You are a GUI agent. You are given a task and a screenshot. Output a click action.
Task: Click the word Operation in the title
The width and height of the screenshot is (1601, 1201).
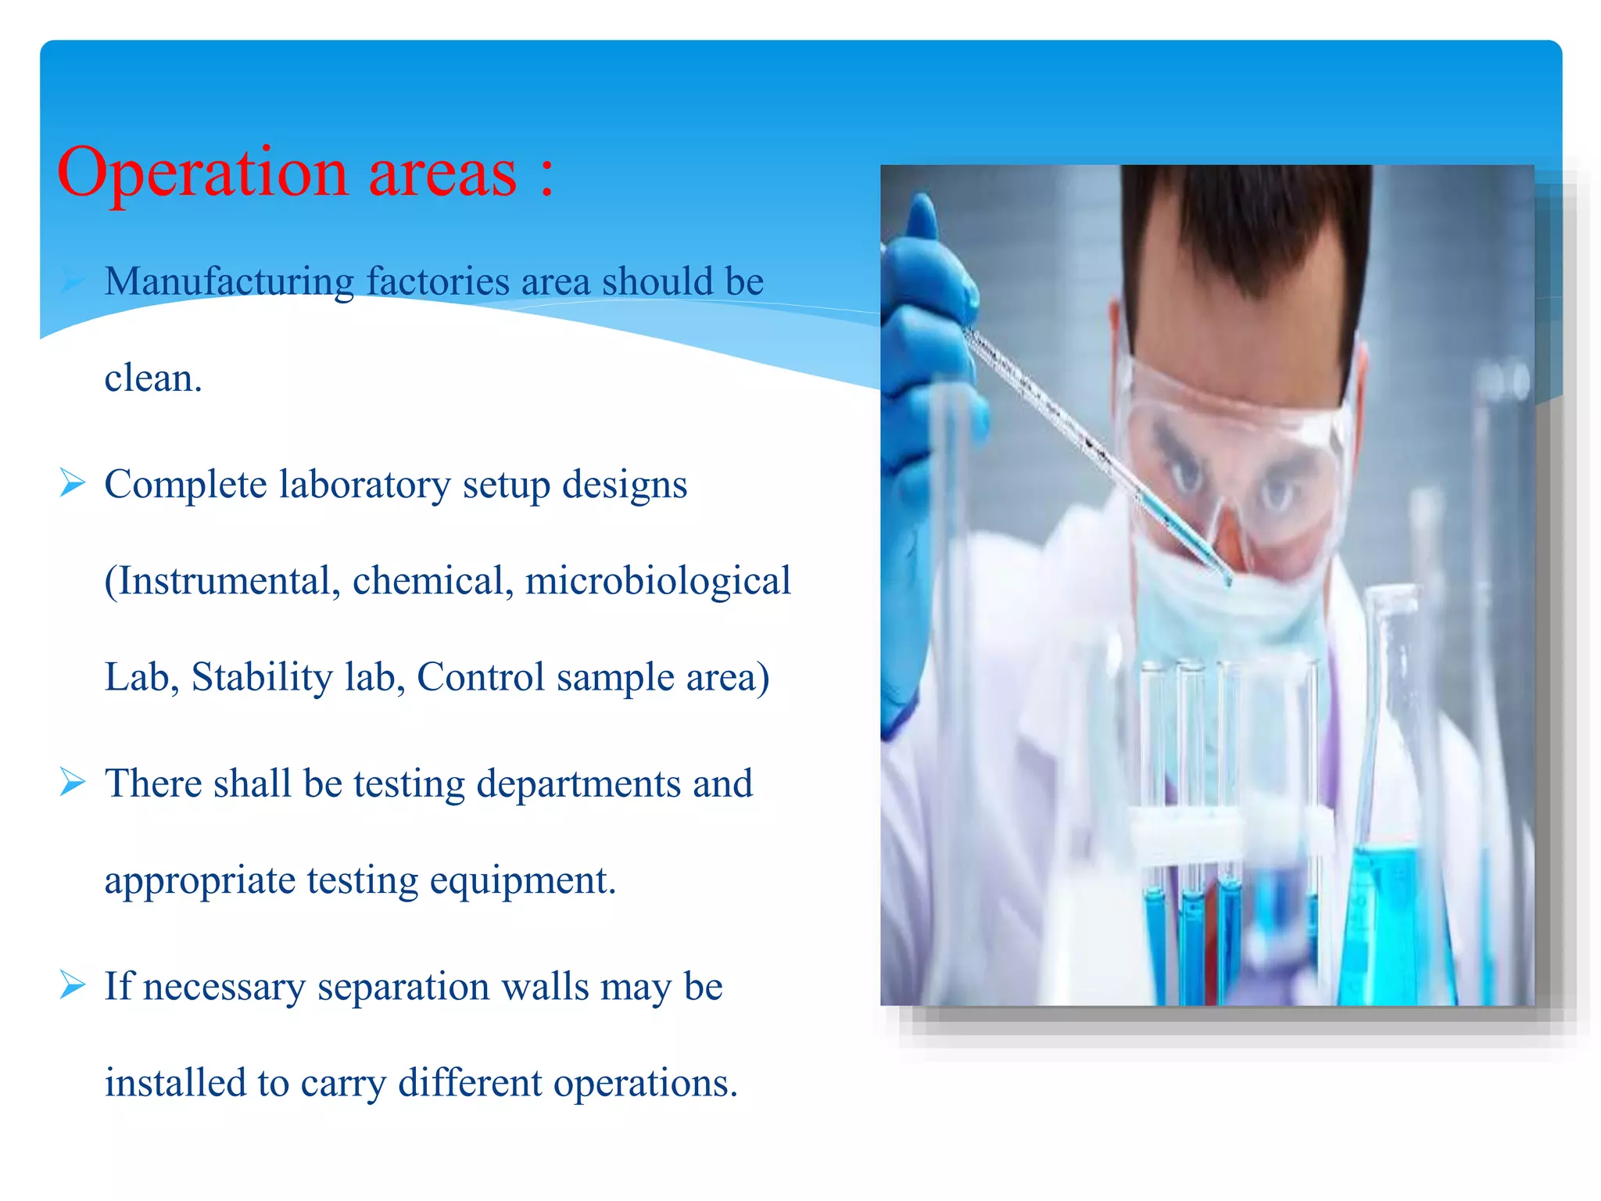point(202,174)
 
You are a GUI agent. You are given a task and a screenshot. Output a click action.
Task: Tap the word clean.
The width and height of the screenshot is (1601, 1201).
point(153,378)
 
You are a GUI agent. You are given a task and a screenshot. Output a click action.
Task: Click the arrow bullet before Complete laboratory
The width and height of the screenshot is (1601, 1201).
point(72,483)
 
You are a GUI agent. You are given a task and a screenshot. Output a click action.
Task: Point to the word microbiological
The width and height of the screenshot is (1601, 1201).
point(657,581)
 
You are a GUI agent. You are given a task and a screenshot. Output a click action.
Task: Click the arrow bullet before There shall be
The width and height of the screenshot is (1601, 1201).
point(72,782)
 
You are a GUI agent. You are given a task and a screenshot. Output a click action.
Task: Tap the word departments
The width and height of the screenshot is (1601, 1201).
point(578,784)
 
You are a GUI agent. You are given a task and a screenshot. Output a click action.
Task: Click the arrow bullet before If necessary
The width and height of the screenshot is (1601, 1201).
point(72,985)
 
